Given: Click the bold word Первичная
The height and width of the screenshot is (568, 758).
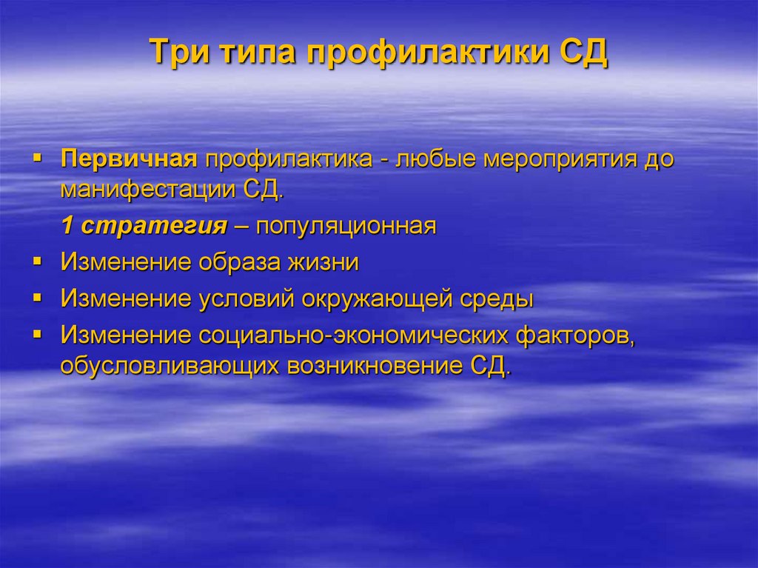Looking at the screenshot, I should coord(128,160).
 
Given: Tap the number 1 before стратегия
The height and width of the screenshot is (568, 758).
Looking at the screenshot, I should coord(67,226).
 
